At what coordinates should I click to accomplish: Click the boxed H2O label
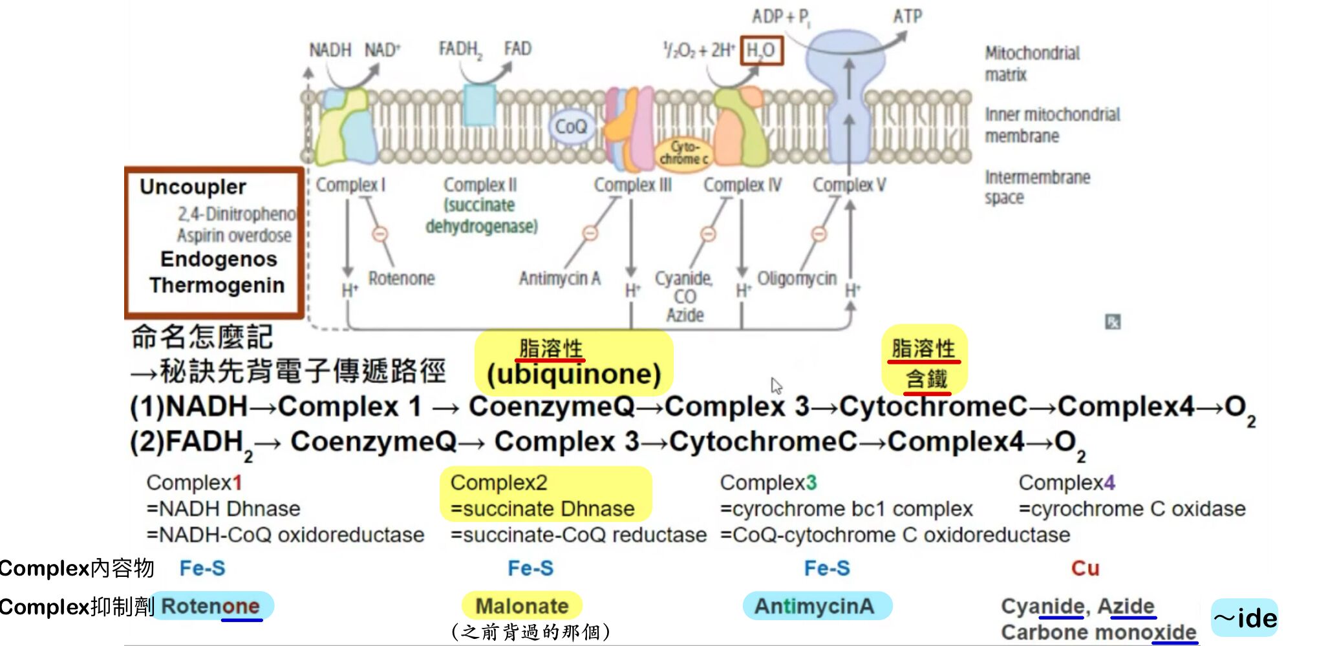click(x=761, y=50)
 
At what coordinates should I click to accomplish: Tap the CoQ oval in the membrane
click(x=571, y=126)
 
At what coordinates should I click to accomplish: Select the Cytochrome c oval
click(x=683, y=152)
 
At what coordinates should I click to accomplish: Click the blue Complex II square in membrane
click(x=479, y=104)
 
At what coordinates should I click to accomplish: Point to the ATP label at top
click(x=907, y=16)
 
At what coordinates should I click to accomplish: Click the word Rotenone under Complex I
click(x=401, y=278)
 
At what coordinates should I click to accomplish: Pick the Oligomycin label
click(x=796, y=278)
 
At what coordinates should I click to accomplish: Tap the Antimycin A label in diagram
click(x=559, y=278)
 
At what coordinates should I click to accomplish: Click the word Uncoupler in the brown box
click(x=193, y=187)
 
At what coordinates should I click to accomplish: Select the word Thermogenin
click(x=217, y=285)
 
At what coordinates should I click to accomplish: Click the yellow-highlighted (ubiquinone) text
click(x=573, y=374)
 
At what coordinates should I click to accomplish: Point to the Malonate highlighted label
click(x=522, y=606)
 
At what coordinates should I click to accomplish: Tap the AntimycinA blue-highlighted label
click(x=814, y=606)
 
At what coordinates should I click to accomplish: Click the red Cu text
click(x=1084, y=568)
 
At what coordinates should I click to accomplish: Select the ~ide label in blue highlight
click(x=1244, y=618)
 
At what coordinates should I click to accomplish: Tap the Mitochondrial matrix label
click(x=1031, y=63)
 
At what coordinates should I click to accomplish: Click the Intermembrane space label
click(x=1036, y=187)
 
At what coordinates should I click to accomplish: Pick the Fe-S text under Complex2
click(x=530, y=568)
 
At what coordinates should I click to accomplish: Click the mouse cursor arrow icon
click(x=776, y=386)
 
